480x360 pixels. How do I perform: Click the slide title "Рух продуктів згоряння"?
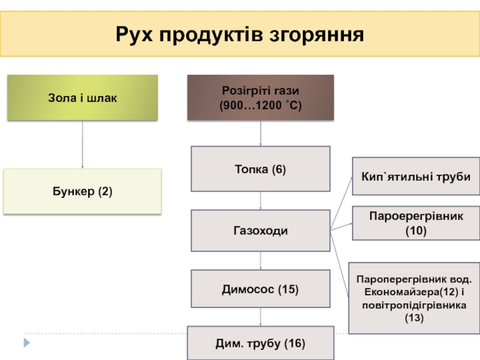tap(239, 34)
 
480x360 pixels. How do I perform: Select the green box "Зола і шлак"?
tap(82, 97)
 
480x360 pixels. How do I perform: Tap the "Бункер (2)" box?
tap(82, 191)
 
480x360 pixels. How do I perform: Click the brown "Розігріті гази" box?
tap(260, 97)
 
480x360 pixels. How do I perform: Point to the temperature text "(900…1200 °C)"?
tap(260, 105)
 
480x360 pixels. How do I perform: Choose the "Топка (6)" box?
tap(260, 169)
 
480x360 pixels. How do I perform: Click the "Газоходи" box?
tap(260, 230)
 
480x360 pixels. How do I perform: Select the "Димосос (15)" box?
tap(260, 289)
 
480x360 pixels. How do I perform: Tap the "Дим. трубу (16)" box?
tap(260, 343)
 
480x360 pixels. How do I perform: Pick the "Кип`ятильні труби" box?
tap(416, 176)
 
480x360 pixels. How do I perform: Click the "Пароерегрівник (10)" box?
tap(416, 223)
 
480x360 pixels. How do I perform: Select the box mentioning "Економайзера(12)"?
tap(414, 298)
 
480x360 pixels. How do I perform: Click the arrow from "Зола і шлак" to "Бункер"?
tap(82, 144)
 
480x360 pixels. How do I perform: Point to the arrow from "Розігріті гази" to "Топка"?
tap(260, 133)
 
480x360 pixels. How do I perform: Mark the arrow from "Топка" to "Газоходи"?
tap(260, 200)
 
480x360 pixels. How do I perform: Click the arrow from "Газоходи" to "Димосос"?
tap(260, 260)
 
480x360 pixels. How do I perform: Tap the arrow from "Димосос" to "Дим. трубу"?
tap(260, 317)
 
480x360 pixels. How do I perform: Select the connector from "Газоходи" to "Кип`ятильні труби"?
tap(341, 203)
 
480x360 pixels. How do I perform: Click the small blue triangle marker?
tap(27, 343)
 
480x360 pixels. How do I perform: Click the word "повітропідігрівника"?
tap(414, 305)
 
